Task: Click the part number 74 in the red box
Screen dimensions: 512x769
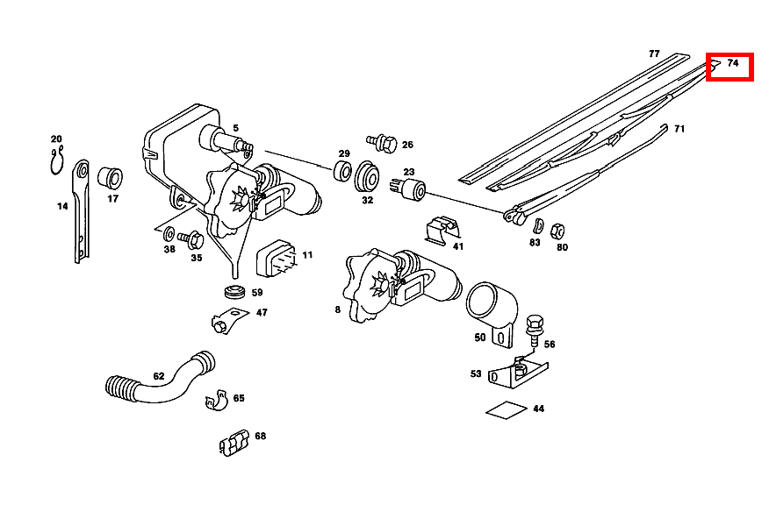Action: [x=733, y=63]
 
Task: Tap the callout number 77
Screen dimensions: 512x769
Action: [x=654, y=53]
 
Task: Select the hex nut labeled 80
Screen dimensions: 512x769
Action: [x=556, y=231]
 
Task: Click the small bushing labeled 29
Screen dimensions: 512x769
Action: [x=342, y=170]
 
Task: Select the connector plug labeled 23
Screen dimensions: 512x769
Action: [x=413, y=188]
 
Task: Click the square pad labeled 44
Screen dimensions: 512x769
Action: [x=507, y=409]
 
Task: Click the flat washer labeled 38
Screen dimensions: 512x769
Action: [x=168, y=232]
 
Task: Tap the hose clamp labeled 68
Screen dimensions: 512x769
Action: [x=233, y=443]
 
